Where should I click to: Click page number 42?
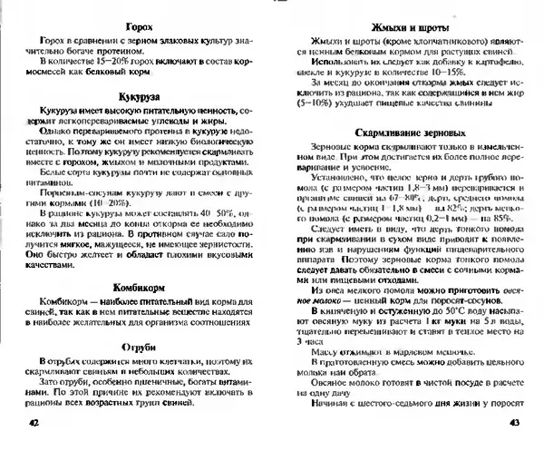[34, 423]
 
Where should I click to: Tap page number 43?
[514, 423]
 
